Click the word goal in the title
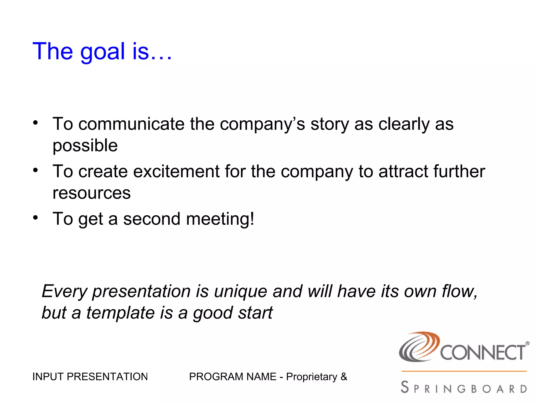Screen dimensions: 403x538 click(102, 52)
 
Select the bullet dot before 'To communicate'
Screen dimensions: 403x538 click(35, 123)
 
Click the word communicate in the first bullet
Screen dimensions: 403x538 click(131, 124)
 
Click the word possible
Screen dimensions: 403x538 click(85, 146)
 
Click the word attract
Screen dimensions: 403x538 click(403, 172)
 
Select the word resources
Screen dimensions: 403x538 click(91, 193)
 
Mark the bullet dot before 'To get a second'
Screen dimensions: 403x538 click(35, 218)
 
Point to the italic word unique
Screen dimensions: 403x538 click(240, 291)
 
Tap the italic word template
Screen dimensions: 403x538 click(121, 313)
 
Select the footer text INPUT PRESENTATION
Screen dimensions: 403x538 click(90, 377)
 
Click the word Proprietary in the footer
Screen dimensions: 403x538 click(312, 377)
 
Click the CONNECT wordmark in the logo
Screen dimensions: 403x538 click(483, 353)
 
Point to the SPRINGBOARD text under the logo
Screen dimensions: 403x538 click(464, 388)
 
